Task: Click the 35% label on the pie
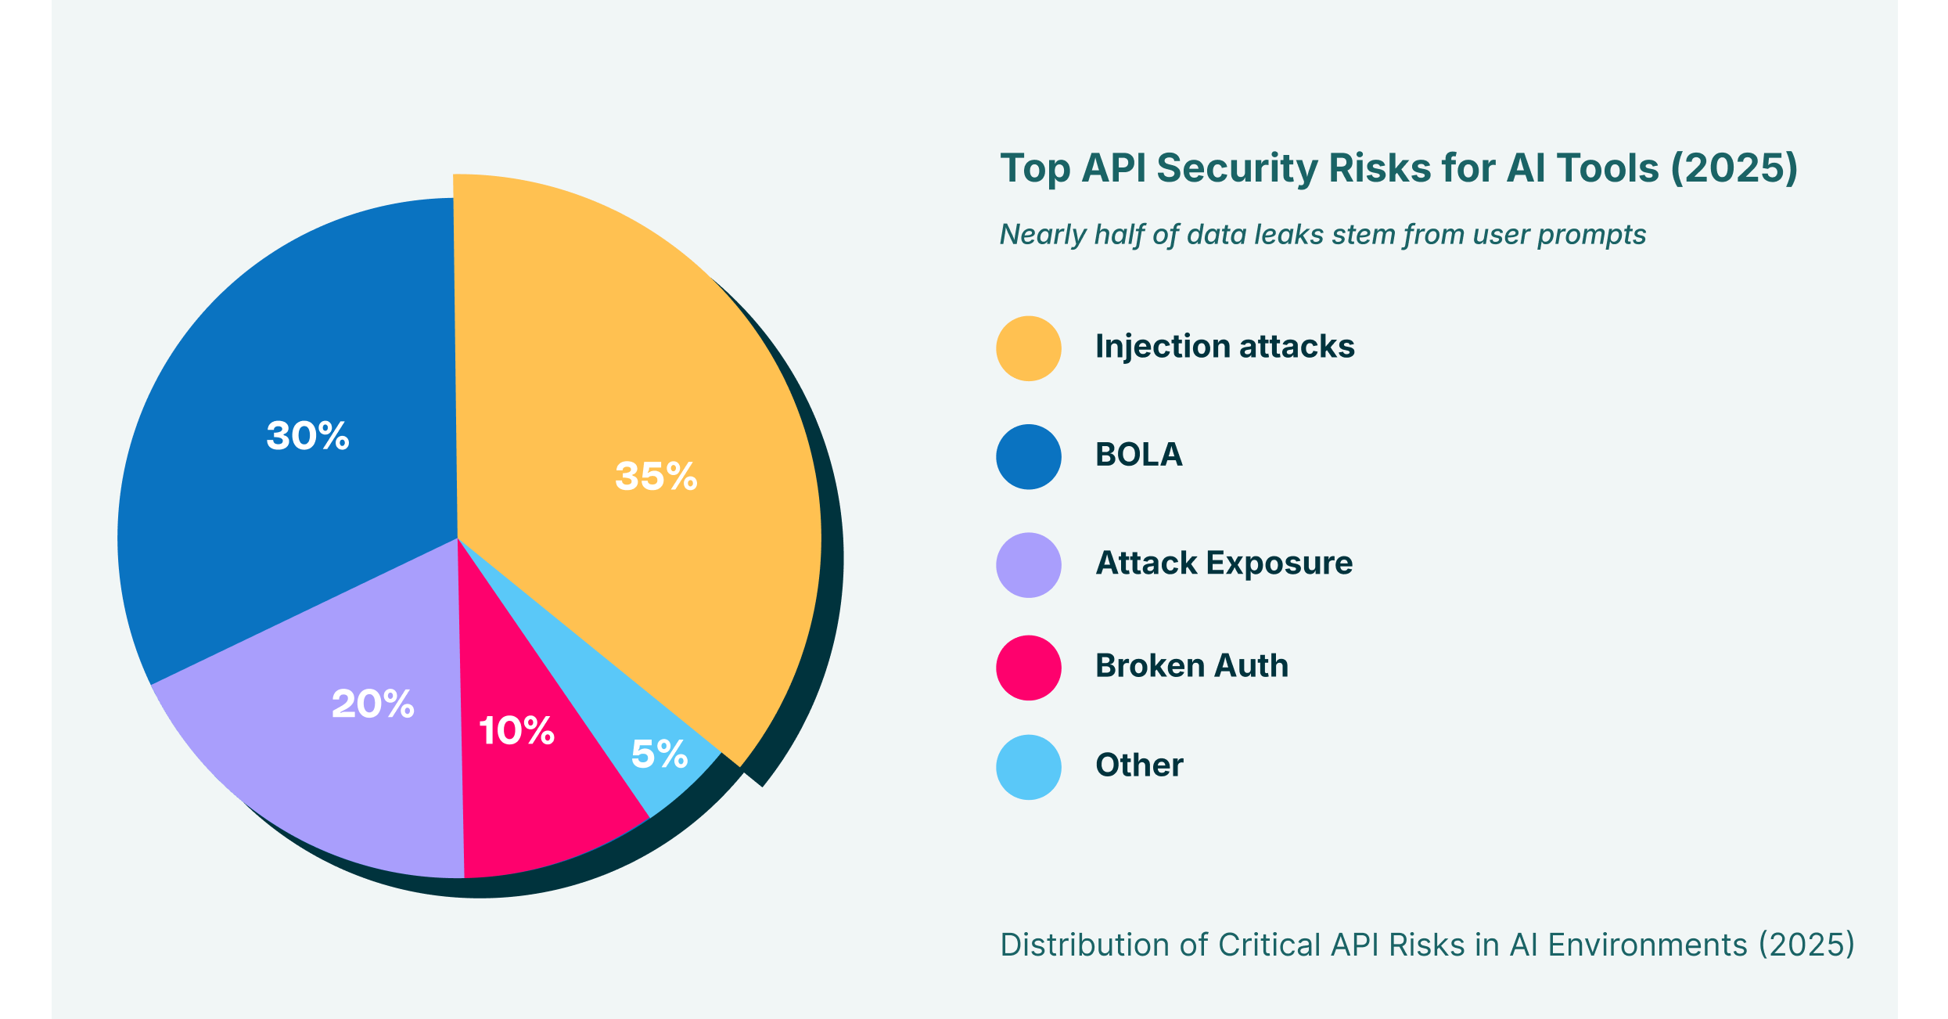click(656, 476)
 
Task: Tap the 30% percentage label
click(307, 436)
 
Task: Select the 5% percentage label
click(659, 754)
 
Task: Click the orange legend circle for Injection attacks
click(1029, 348)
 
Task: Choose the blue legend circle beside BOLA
click(1029, 456)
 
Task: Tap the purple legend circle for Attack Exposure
click(1029, 565)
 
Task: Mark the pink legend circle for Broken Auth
click(1029, 668)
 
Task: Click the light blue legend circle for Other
click(1029, 767)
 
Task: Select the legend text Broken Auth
click(1191, 666)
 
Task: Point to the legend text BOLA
click(1138, 455)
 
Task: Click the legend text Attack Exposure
click(1224, 564)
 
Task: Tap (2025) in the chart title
click(1734, 168)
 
